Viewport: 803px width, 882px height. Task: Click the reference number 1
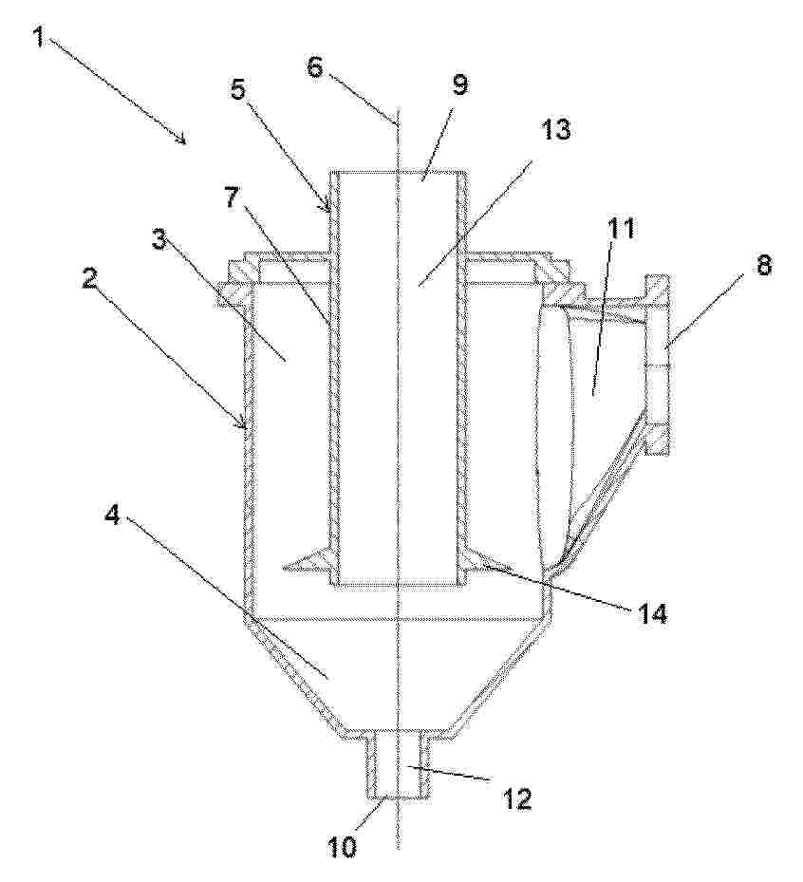[38, 38]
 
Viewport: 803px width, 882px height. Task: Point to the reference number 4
[113, 513]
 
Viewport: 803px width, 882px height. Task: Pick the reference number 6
[315, 66]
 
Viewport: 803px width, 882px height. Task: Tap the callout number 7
[235, 197]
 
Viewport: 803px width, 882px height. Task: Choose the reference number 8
[762, 264]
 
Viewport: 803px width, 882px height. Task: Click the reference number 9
[459, 84]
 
